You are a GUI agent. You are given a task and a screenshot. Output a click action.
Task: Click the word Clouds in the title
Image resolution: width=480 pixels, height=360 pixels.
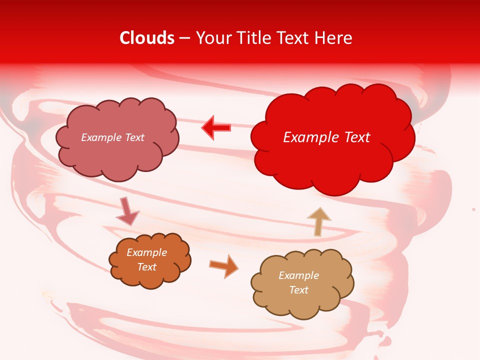tap(147, 38)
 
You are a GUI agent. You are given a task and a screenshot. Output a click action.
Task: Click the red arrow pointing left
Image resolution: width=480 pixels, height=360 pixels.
tap(216, 128)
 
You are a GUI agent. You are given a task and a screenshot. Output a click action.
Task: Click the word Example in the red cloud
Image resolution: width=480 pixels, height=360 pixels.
tap(307, 137)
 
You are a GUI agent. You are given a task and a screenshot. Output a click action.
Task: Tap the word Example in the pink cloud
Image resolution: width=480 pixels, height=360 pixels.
tap(101, 137)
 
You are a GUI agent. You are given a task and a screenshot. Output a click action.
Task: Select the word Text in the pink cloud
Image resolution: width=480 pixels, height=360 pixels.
tap(134, 137)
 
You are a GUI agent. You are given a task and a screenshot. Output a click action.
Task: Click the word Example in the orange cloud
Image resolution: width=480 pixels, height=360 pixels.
tap(146, 252)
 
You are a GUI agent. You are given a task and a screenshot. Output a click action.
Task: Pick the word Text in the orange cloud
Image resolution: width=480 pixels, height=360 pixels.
tap(146, 267)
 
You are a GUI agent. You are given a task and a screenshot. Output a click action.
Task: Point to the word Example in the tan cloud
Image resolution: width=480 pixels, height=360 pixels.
tap(298, 275)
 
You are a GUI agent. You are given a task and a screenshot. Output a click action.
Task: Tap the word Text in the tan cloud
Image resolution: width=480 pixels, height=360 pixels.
tap(298, 290)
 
